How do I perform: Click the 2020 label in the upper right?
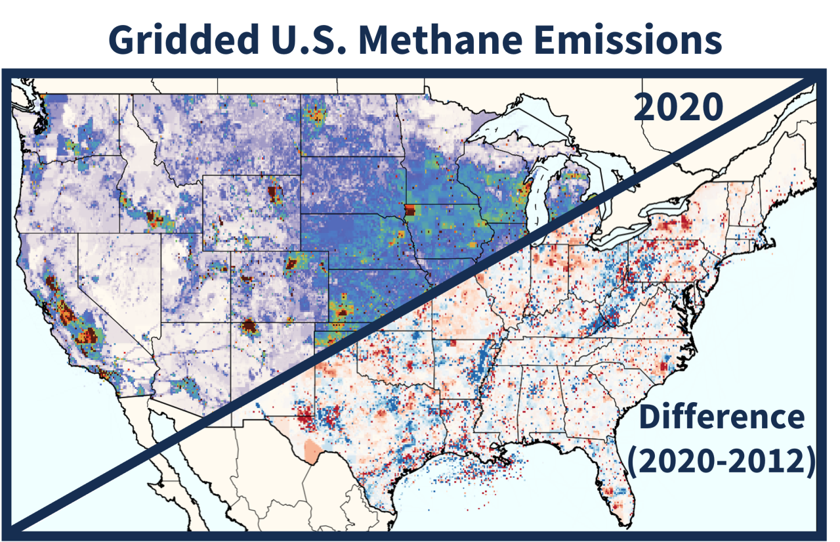pos(678,108)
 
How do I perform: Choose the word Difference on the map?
pos(721,417)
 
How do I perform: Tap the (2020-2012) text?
pos(721,461)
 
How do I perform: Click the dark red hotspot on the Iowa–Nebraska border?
pos(409,210)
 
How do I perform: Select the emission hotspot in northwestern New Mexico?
pos(249,326)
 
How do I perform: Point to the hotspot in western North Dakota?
pos(316,115)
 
